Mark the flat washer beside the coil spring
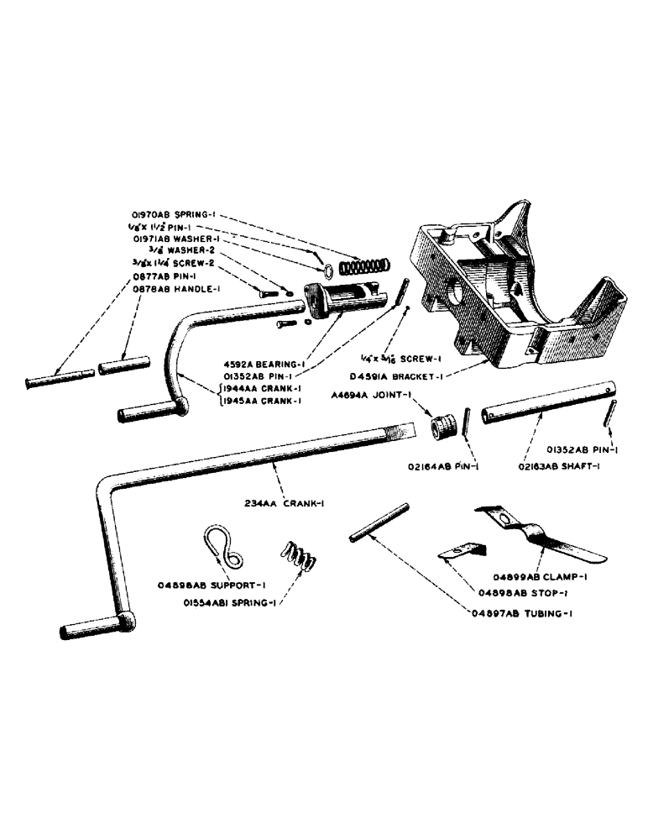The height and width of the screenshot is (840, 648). [328, 270]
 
